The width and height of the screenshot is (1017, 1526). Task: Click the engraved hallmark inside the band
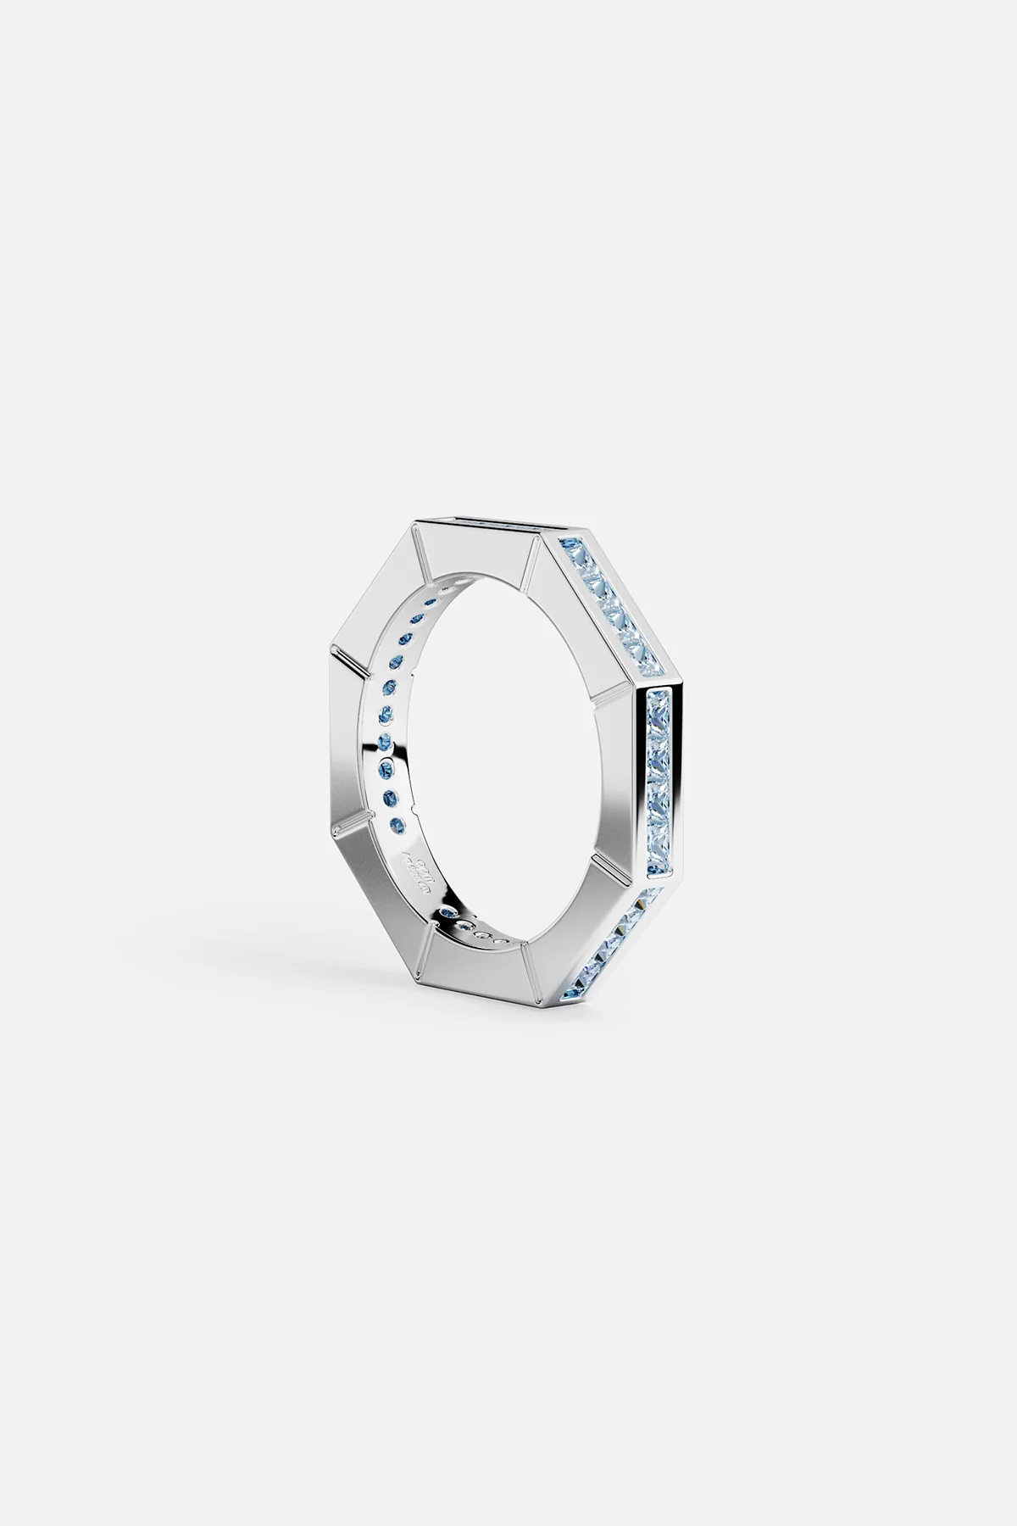(x=412, y=865)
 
